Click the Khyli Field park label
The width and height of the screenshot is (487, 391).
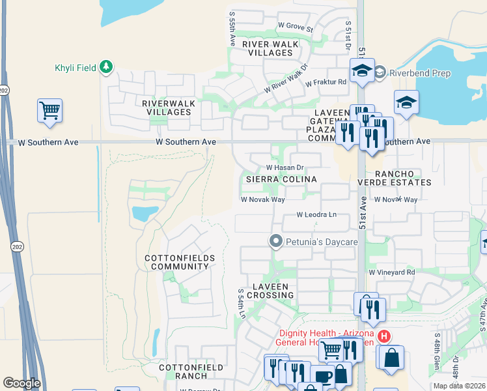click(x=75, y=68)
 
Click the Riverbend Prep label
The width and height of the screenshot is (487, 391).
click(x=420, y=73)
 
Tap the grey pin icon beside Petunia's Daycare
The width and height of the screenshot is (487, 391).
click(x=276, y=242)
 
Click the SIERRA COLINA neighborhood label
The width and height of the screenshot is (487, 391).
click(x=281, y=179)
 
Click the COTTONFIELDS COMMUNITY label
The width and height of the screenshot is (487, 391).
click(x=180, y=263)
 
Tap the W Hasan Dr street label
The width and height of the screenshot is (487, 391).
click(x=286, y=167)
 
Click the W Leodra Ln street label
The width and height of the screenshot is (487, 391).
click(x=317, y=214)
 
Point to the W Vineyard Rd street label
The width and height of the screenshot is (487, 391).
click(x=391, y=272)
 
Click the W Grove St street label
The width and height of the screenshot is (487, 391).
click(x=296, y=27)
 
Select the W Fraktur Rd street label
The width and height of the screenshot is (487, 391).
click(x=324, y=82)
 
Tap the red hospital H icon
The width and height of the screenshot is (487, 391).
click(x=385, y=336)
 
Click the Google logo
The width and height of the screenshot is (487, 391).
click(x=22, y=383)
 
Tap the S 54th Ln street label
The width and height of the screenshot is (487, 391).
click(x=242, y=304)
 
